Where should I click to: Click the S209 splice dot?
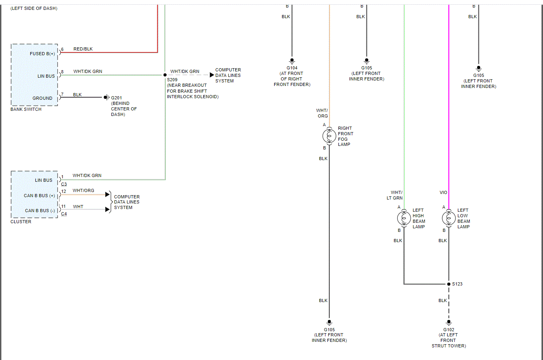click(x=165, y=75)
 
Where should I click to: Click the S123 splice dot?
click(x=448, y=284)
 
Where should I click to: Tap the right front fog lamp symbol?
click(x=329, y=136)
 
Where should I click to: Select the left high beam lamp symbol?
click(x=404, y=218)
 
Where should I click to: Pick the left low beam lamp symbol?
click(x=448, y=218)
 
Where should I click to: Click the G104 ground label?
click(x=292, y=68)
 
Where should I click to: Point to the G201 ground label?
click(x=116, y=98)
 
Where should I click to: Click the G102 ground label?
click(x=448, y=330)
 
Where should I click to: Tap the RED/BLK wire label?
click(x=83, y=49)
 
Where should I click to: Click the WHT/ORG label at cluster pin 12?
click(x=83, y=190)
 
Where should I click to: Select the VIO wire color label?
click(x=443, y=192)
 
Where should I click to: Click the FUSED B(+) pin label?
click(x=42, y=54)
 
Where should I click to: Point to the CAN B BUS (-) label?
click(x=40, y=211)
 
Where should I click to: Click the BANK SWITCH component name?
click(x=26, y=109)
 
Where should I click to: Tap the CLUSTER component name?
click(x=21, y=222)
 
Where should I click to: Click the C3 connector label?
click(x=64, y=184)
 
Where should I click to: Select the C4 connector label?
click(x=64, y=214)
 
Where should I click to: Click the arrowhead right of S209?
click(x=212, y=75)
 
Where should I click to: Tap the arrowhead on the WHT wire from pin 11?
click(x=108, y=209)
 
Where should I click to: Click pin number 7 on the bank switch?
click(x=62, y=94)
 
